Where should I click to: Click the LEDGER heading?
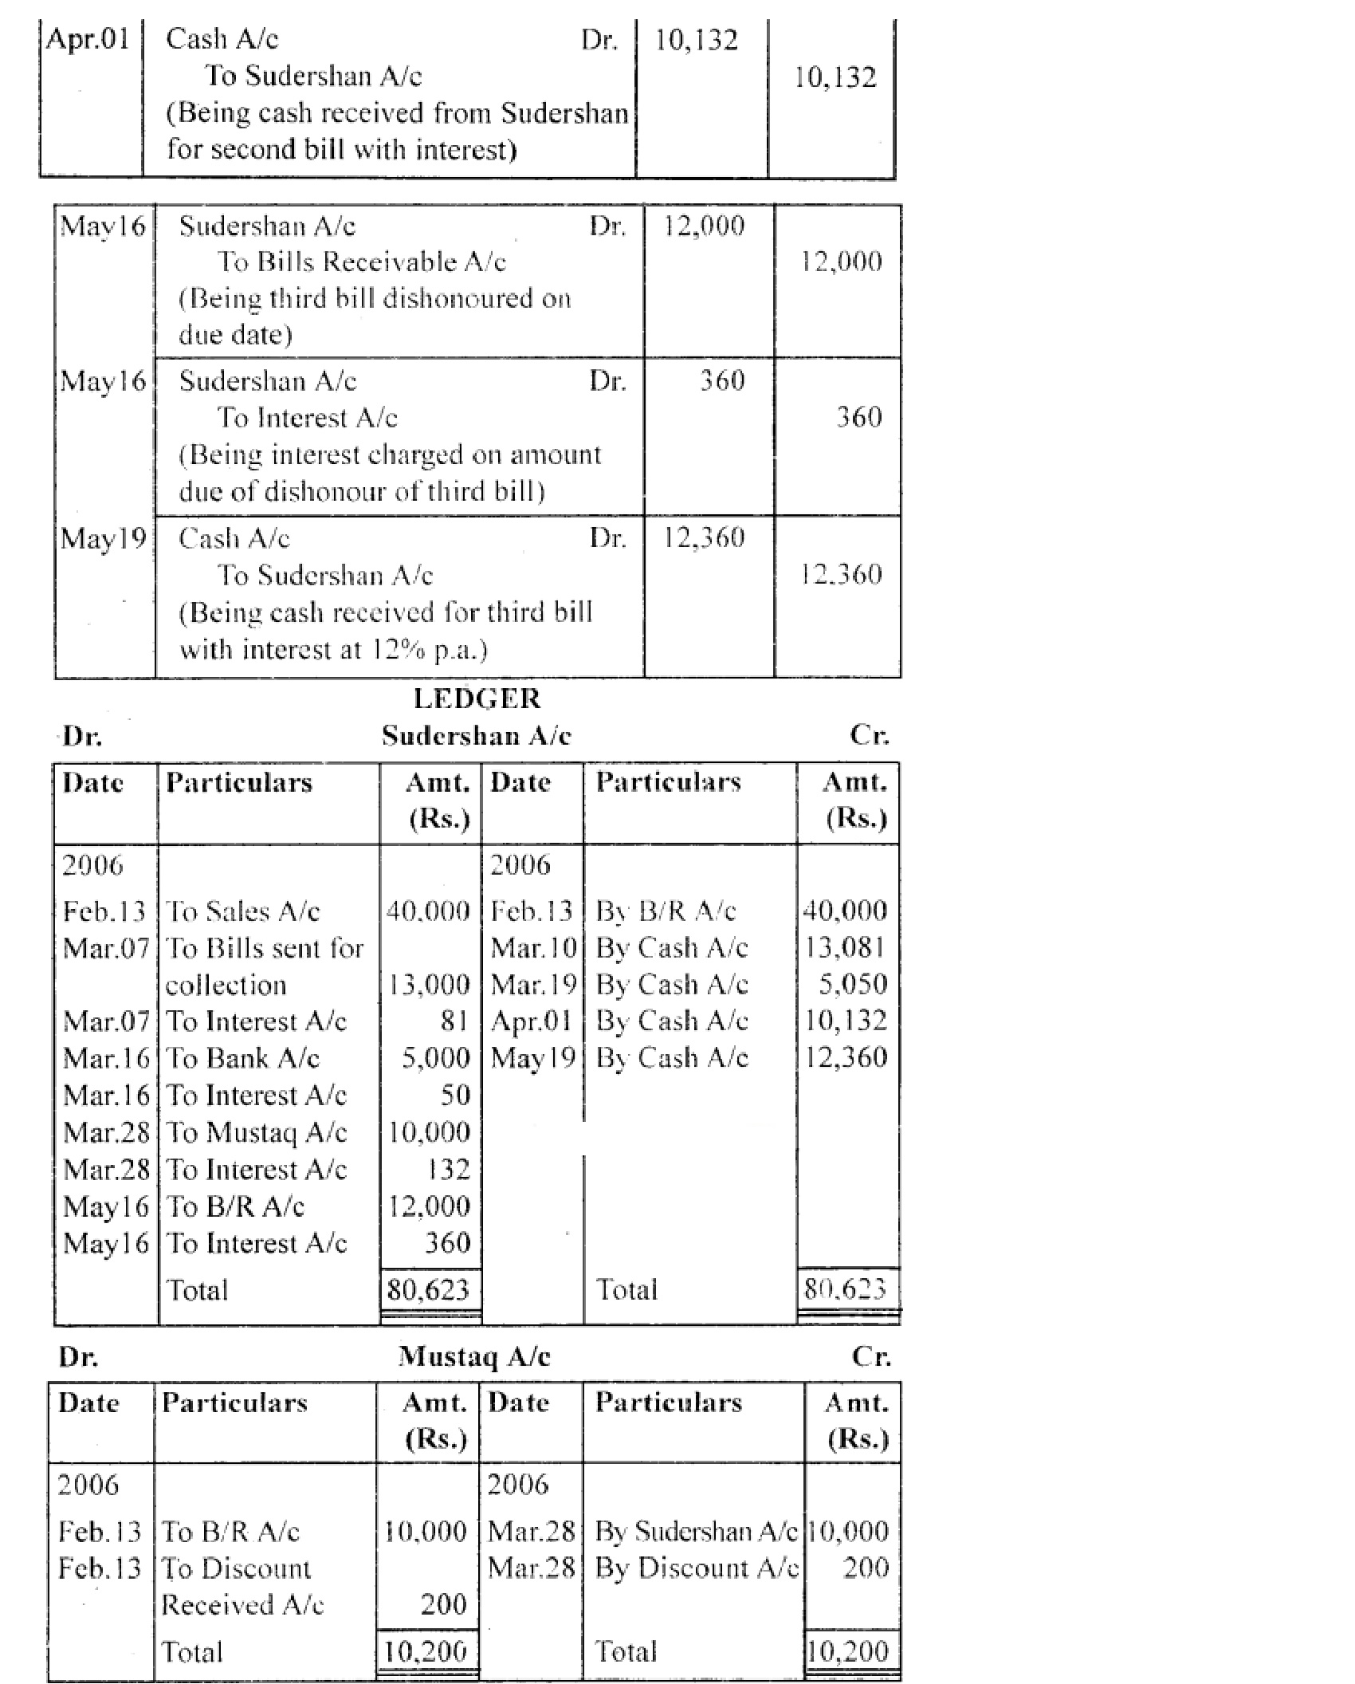coord(477,699)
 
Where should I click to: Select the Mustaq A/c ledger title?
coord(474,1356)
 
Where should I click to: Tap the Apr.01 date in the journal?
coord(88,39)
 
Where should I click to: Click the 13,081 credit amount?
coord(845,947)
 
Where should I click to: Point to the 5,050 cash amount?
coord(852,984)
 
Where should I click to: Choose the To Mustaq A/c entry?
coord(256,1132)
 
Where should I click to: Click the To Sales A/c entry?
coord(242,911)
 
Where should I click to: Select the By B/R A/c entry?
coord(666,911)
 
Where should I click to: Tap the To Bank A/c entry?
coord(242,1058)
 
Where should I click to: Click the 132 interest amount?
coord(449,1170)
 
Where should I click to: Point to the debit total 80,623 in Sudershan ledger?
coord(428,1289)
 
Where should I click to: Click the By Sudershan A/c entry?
coord(696,1531)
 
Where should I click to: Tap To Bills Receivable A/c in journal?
coord(362,262)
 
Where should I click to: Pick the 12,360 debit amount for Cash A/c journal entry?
coord(704,537)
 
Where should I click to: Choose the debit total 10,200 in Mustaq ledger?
coord(425,1651)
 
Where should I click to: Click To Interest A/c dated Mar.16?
coord(256,1095)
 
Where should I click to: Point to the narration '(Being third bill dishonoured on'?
coord(375,298)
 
